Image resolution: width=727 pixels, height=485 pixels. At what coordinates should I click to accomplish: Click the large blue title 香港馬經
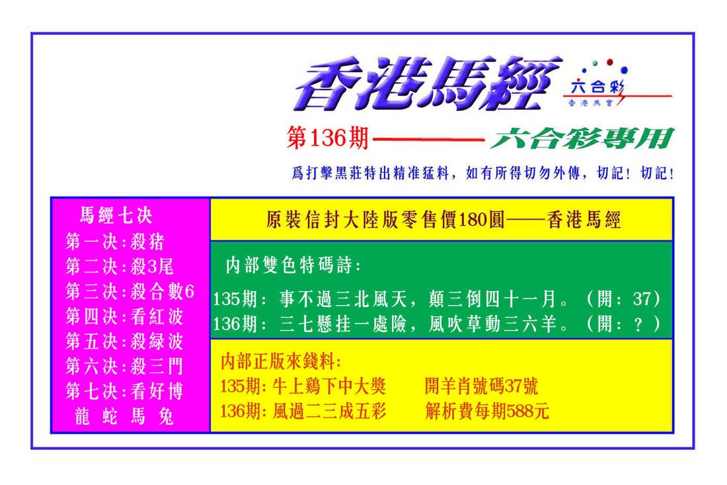pos(428,83)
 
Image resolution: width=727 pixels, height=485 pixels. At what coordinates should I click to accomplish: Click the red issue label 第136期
pos(328,138)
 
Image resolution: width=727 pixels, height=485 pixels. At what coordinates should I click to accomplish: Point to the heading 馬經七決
pos(116,215)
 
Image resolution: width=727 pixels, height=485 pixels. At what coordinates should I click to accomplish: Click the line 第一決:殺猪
pos(115,242)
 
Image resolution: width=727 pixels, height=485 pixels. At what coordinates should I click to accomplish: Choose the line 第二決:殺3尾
pos(120,267)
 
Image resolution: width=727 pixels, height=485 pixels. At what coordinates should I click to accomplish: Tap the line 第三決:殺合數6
pos(130,292)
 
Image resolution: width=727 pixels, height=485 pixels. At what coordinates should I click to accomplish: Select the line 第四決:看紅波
pos(124,316)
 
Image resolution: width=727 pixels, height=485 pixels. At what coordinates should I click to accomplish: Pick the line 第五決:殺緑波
pos(124,341)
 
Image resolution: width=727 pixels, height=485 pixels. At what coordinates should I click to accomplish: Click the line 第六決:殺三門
pos(124,367)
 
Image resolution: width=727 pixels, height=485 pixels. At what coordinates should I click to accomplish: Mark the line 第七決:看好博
pos(124,392)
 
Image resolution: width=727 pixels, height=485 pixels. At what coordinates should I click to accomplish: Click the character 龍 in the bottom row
pos(82,417)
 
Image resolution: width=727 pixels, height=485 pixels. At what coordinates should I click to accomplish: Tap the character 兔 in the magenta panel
pos(166,417)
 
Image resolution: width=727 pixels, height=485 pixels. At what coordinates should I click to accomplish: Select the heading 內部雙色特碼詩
pos(293,265)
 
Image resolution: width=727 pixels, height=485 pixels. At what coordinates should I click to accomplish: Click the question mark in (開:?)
pos(639,324)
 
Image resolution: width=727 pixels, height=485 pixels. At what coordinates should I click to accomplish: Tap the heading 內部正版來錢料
pos(281,361)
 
